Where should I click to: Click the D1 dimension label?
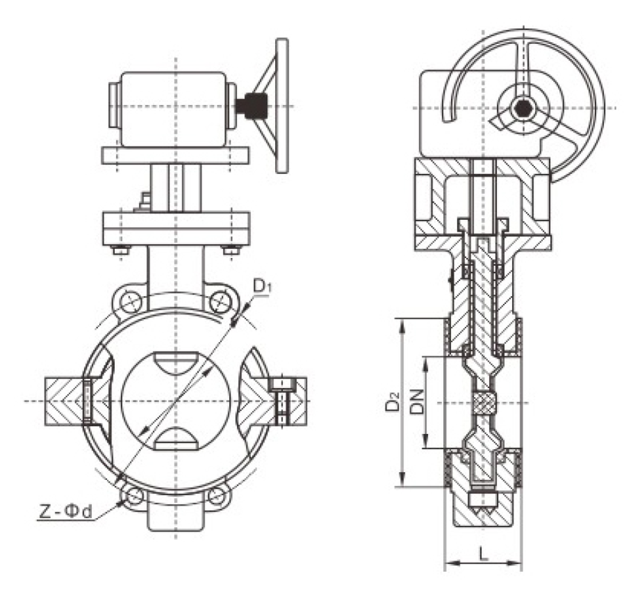point(262,287)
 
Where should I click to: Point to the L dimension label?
point(483,554)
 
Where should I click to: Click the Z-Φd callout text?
point(65,512)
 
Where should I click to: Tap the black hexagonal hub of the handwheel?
point(522,109)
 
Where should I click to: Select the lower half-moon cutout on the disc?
point(176,439)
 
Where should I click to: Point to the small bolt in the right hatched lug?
point(282,402)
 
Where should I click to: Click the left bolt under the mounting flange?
point(121,250)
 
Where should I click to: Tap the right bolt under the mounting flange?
point(231,250)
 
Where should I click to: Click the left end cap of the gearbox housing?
point(114,105)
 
